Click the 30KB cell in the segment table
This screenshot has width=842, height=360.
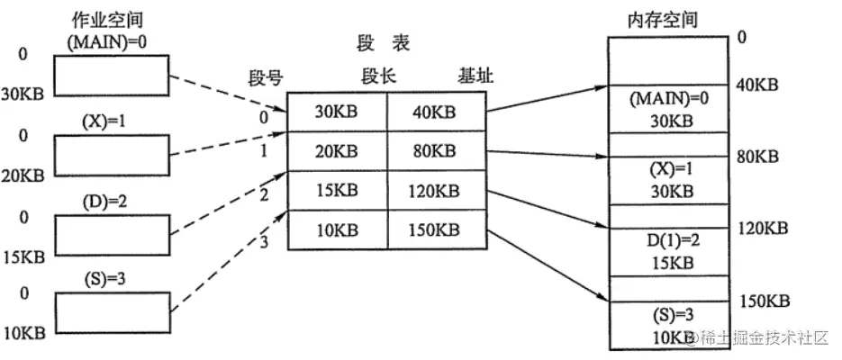(x=337, y=113)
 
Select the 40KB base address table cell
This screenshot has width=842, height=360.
(x=437, y=113)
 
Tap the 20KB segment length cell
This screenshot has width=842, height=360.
(x=337, y=151)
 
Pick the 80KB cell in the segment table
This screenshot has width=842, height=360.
(x=437, y=151)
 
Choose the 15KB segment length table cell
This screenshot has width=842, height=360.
(x=337, y=191)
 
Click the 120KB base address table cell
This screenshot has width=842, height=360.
(x=437, y=191)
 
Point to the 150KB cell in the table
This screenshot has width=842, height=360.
(x=437, y=229)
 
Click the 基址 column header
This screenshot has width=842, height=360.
(x=475, y=77)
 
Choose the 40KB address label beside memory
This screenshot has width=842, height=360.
(x=756, y=85)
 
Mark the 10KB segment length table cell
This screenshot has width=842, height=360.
(x=337, y=229)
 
